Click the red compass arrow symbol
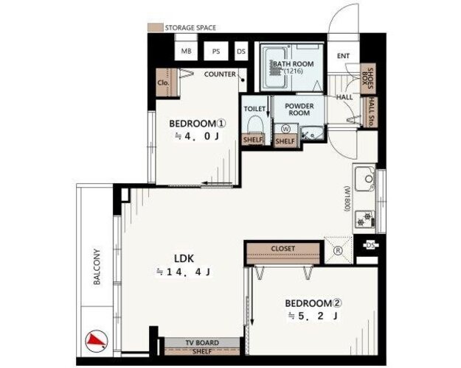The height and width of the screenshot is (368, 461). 97,341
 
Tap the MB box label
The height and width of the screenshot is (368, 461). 186,51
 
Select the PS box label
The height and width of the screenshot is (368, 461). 216,52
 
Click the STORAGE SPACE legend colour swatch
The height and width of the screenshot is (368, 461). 155,27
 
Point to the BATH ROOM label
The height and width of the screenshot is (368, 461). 294,64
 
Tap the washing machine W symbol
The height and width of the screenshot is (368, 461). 285,129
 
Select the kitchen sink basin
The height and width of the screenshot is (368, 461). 364,178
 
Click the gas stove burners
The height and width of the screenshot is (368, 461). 364,219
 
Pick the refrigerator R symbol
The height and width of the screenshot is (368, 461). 339,251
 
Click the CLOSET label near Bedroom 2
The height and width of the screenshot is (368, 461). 283,249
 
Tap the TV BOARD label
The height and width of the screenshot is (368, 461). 202,343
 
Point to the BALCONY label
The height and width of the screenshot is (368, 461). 97,266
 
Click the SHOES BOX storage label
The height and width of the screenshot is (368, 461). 367,78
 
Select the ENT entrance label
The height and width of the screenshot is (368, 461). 344,56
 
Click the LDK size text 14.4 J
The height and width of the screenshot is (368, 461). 184,272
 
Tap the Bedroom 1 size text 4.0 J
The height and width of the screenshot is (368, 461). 197,136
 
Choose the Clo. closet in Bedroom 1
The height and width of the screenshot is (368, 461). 163,82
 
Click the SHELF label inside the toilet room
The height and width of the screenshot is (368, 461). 253,140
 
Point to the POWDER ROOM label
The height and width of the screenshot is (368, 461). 299,109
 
